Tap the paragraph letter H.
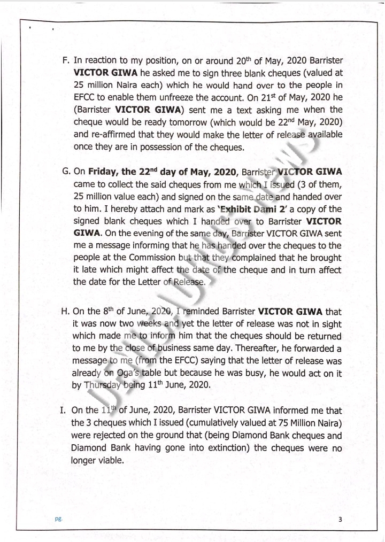[66, 311]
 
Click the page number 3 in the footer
[340, 519]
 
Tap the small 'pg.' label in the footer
[58, 519]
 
